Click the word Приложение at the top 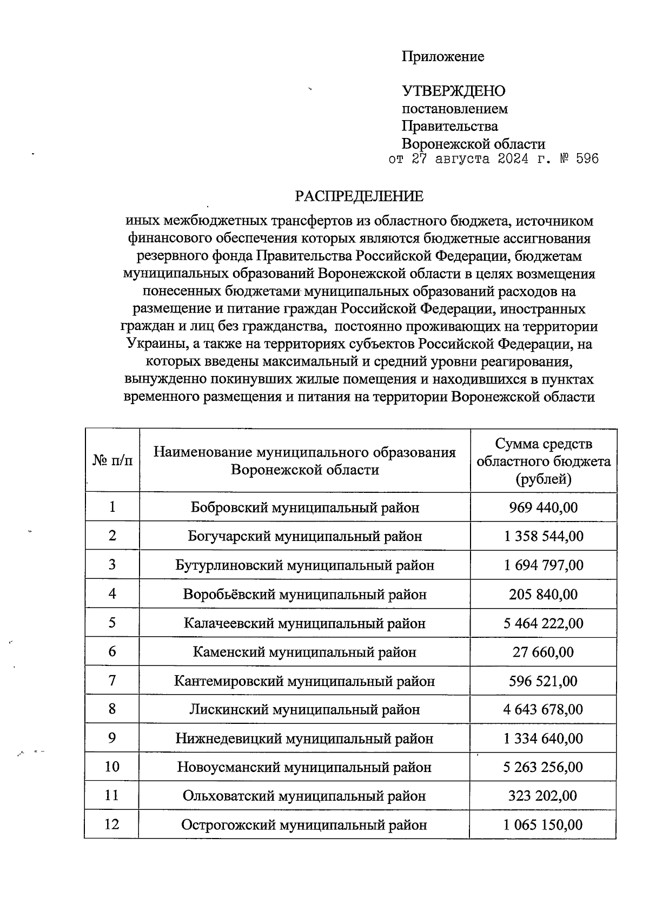[x=442, y=56]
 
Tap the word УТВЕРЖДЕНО [x=453, y=91]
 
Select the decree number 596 [x=587, y=159]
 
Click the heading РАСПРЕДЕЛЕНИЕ [x=359, y=196]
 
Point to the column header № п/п [x=112, y=460]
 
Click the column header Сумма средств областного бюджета [x=543, y=461]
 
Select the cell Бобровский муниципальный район [x=304, y=507]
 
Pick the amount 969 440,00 [x=543, y=507]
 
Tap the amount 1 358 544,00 [x=543, y=536]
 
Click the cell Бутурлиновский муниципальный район [x=304, y=565]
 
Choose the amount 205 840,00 [x=543, y=595]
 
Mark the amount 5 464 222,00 [x=543, y=623]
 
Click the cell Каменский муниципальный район [x=304, y=652]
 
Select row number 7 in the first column [x=112, y=681]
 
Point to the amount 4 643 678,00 [x=543, y=709]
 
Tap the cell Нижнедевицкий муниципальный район [x=304, y=738]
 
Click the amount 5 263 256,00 [x=543, y=767]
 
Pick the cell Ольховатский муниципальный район [x=304, y=796]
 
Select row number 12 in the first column [x=112, y=824]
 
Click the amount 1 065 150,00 [x=543, y=825]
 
